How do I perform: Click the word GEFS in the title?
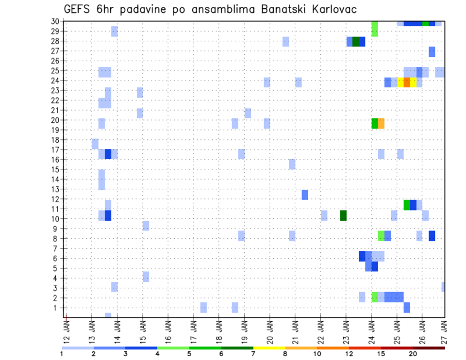[77, 9]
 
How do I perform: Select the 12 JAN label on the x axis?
[67, 330]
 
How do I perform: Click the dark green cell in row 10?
[343, 215]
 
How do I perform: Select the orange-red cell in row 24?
[407, 82]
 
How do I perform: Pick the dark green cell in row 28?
[356, 42]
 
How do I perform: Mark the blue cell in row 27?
[432, 52]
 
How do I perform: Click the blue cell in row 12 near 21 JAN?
[305, 195]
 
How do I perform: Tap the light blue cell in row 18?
[95, 144]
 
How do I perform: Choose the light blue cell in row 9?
[146, 226]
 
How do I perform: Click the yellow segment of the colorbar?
[269, 348]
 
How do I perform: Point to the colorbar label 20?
[413, 354]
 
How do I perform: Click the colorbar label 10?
[316, 354]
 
